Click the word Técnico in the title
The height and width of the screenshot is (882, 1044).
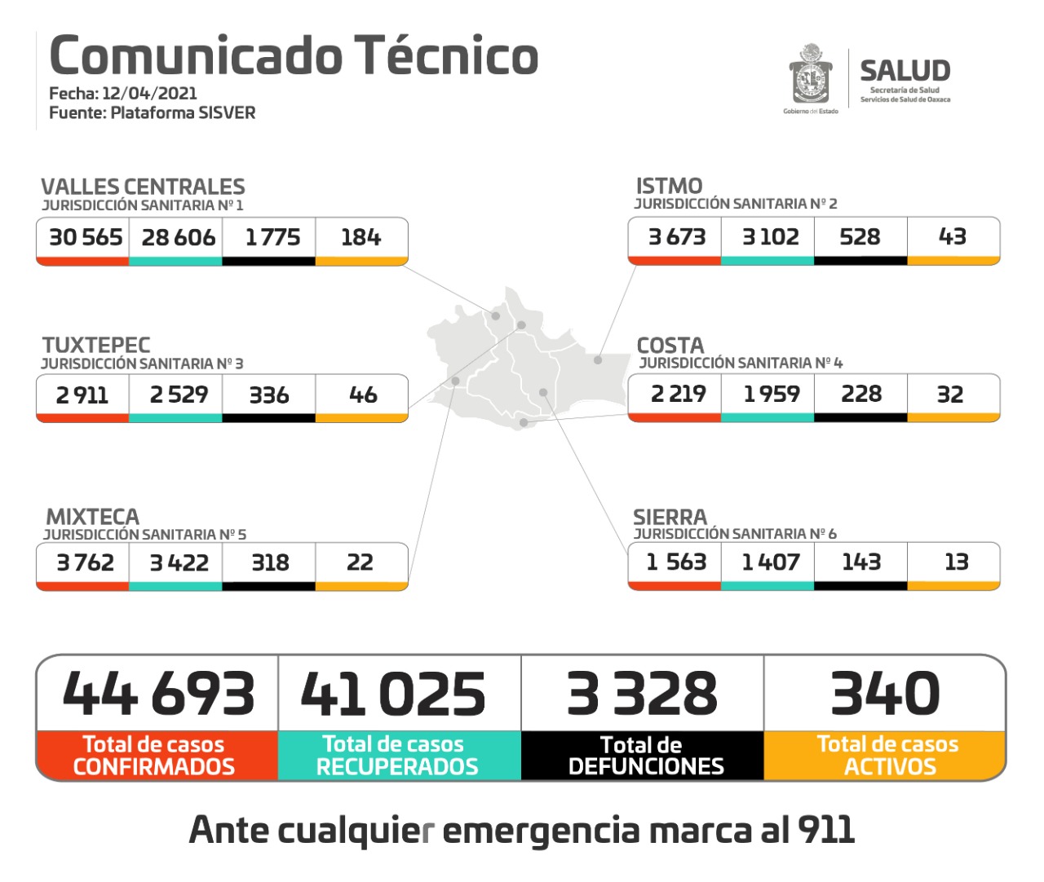click(x=446, y=55)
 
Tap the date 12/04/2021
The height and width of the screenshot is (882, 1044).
click(x=149, y=93)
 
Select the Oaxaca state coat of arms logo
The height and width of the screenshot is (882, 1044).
click(x=810, y=75)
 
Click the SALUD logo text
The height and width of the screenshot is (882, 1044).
click(x=905, y=71)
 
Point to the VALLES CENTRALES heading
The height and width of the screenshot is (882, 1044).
click(x=143, y=187)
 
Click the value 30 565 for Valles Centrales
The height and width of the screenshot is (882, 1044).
click(x=85, y=237)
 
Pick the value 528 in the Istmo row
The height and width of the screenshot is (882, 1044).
click(x=860, y=237)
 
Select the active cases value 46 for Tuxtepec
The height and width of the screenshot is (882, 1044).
click(x=362, y=395)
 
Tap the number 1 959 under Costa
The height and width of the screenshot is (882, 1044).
click(x=771, y=395)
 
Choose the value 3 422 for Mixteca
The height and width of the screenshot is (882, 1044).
click(x=179, y=563)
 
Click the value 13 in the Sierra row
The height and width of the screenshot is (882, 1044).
click(x=956, y=562)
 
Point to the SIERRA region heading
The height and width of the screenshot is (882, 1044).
click(x=670, y=518)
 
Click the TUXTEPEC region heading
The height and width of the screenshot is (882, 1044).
click(x=96, y=345)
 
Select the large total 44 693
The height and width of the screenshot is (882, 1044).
click(x=158, y=694)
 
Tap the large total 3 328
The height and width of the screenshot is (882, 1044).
click(x=642, y=694)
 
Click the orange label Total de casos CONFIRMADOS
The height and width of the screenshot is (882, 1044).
click(x=155, y=756)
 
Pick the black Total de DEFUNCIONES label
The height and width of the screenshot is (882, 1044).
click(x=644, y=756)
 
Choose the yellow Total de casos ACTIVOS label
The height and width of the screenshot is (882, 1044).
click(x=887, y=756)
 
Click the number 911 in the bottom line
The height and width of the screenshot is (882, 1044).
click(x=825, y=830)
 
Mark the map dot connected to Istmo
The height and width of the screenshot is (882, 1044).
click(x=598, y=359)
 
